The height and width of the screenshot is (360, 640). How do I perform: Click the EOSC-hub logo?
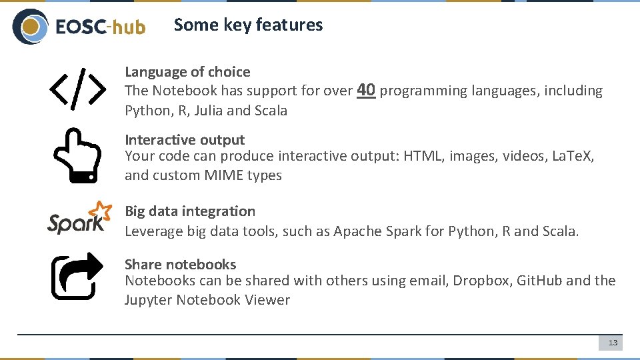pyautogui.click(x=79, y=27)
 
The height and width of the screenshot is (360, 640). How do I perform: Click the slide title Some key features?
pyautogui.click(x=248, y=25)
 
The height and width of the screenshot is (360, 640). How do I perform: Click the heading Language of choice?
pyautogui.click(x=187, y=72)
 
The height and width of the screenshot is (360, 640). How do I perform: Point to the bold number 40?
pyautogui.click(x=366, y=90)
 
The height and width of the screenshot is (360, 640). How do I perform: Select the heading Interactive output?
pyautogui.click(x=185, y=140)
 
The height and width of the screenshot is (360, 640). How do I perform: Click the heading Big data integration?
pyautogui.click(x=190, y=211)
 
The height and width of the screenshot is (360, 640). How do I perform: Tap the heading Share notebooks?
pyautogui.click(x=180, y=265)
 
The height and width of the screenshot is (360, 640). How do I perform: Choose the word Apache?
pyautogui.click(x=358, y=231)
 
